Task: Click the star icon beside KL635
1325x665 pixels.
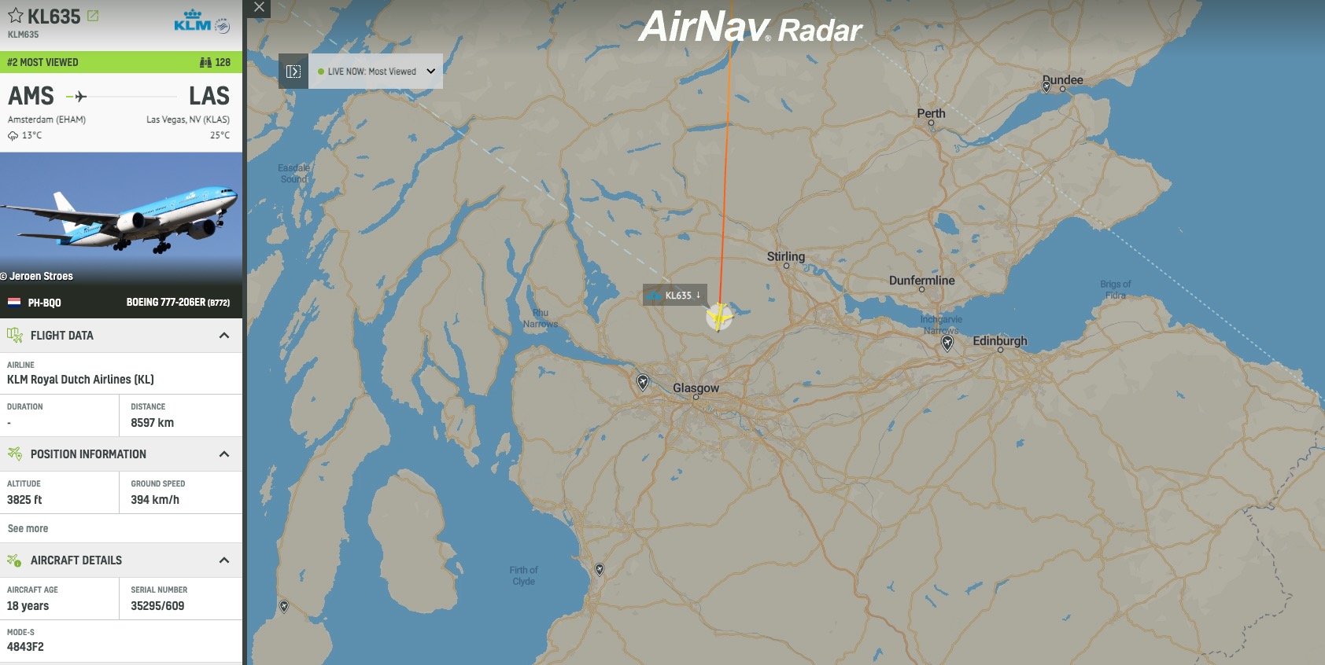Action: click(16, 16)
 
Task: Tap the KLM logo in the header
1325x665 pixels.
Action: click(193, 21)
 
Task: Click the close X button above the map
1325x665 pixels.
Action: click(259, 7)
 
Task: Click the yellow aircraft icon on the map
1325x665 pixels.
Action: click(719, 317)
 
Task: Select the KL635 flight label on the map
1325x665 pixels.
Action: click(675, 296)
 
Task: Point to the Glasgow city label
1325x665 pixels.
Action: click(696, 388)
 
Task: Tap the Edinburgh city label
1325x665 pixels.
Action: click(999, 341)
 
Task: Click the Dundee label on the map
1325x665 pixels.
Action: click(1062, 80)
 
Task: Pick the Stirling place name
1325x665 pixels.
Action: click(785, 257)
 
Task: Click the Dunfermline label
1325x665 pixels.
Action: click(921, 281)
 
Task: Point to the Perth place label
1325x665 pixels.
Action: click(931, 114)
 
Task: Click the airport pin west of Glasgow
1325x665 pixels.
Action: click(643, 382)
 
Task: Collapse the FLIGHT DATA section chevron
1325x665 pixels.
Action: click(224, 336)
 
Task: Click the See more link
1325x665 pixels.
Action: click(28, 528)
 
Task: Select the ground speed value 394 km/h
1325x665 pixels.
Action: click(155, 500)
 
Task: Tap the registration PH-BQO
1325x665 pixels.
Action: click(44, 303)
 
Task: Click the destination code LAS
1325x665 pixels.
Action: click(209, 97)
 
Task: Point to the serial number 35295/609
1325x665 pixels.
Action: click(157, 606)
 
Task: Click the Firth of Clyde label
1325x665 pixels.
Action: click(523, 576)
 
